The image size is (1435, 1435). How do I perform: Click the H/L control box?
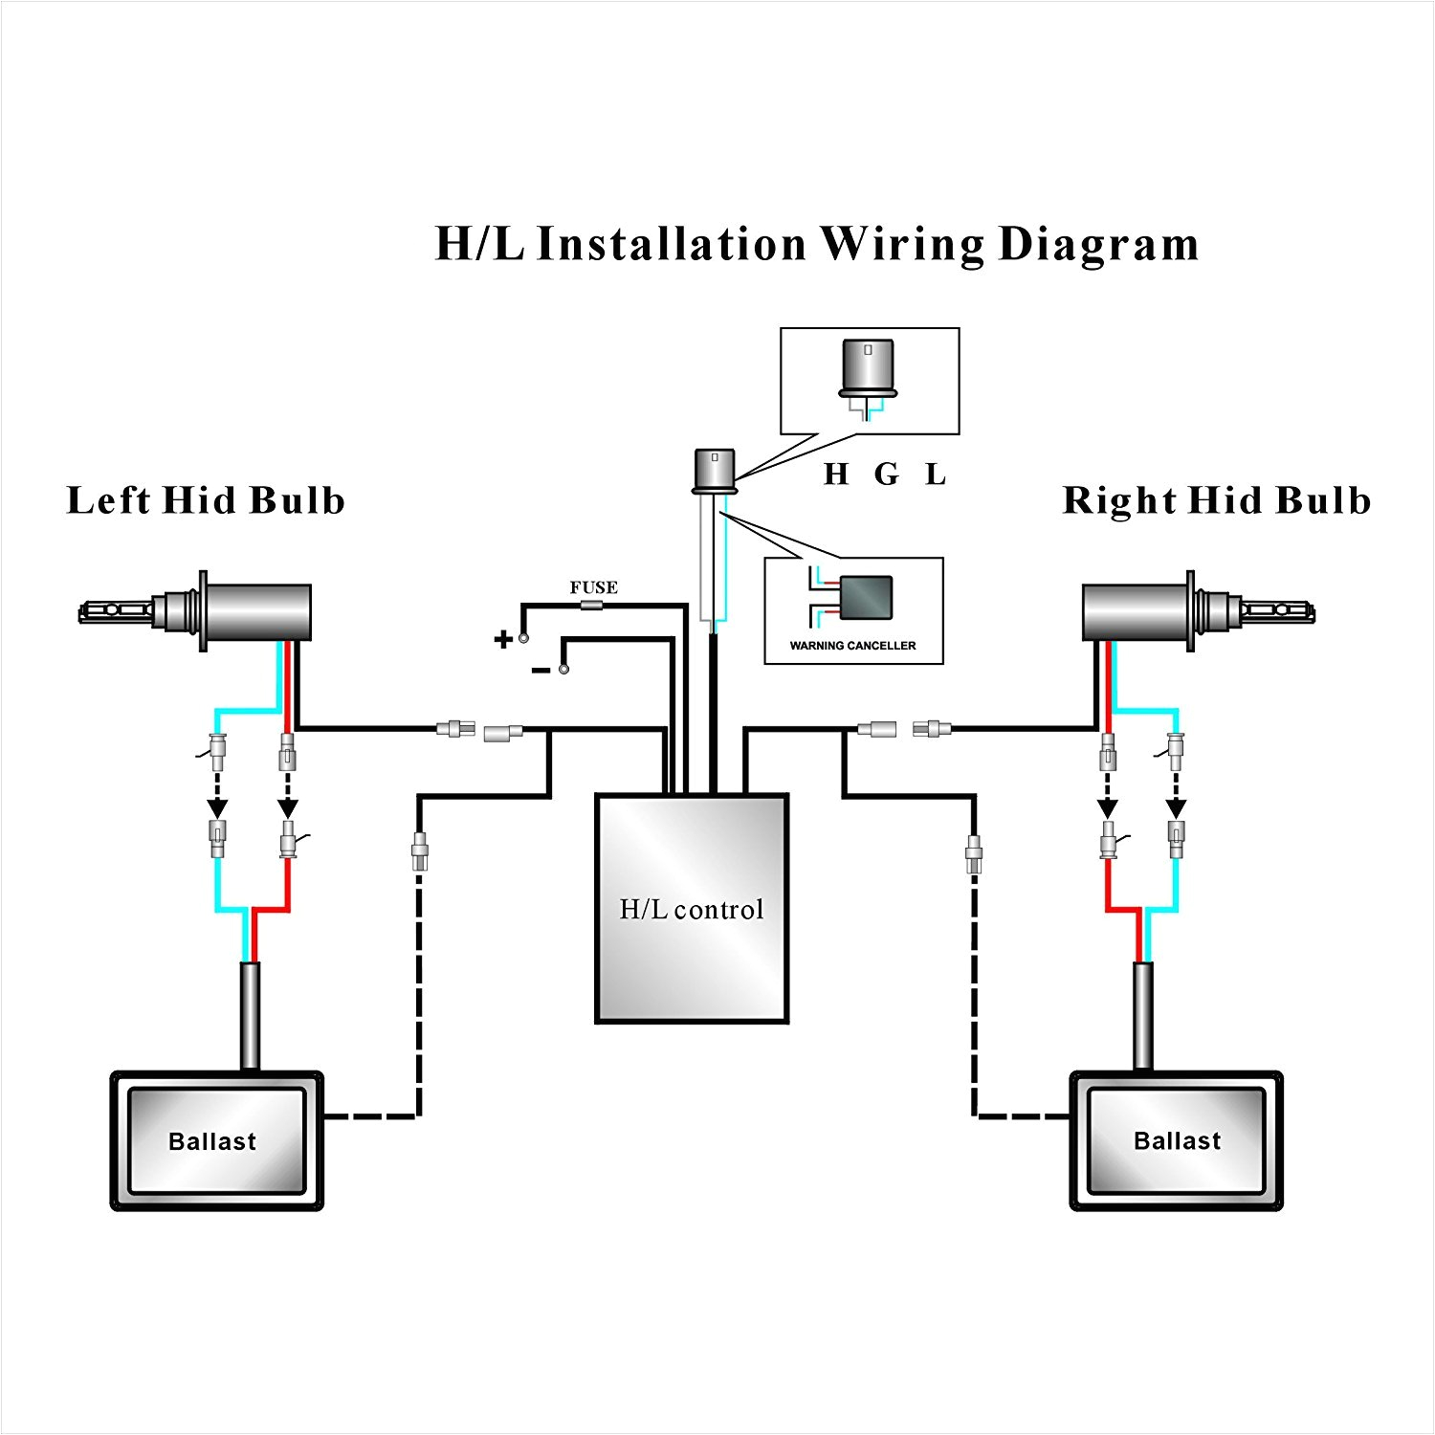click(x=692, y=908)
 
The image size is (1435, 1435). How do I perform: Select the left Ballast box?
click(x=216, y=1140)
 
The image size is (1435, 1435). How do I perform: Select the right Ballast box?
click(x=1176, y=1140)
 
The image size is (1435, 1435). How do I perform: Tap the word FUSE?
click(x=593, y=587)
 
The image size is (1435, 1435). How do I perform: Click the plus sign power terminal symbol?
click(x=503, y=640)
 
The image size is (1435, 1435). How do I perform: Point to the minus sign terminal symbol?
click(x=541, y=671)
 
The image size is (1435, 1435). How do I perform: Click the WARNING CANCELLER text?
click(x=852, y=646)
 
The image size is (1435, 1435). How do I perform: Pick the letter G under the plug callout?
click(x=887, y=474)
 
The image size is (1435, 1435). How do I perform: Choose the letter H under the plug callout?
click(x=836, y=474)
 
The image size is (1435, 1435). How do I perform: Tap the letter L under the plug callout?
click(x=936, y=474)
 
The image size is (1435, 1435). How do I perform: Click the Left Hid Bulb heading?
click(x=206, y=500)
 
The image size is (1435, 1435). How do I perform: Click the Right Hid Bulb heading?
click(x=1216, y=500)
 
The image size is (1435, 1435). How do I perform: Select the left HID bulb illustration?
click(x=196, y=610)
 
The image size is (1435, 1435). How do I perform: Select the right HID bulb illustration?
click(x=1200, y=610)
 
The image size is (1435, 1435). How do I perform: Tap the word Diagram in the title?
click(x=1098, y=245)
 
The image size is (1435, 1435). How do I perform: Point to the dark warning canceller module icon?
click(x=865, y=599)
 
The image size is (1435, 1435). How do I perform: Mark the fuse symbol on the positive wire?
click(x=593, y=605)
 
